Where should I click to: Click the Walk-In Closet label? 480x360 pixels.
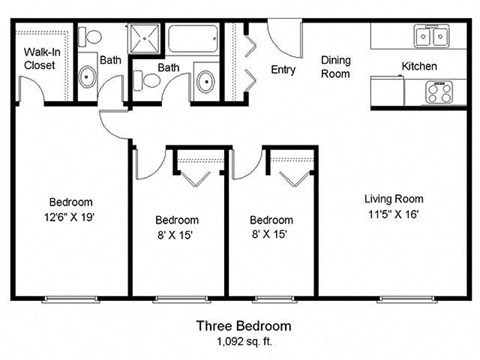(x=40, y=57)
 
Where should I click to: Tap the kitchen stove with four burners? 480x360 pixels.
(x=439, y=92)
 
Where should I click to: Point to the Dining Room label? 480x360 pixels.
(x=335, y=67)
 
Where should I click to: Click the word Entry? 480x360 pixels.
(x=283, y=69)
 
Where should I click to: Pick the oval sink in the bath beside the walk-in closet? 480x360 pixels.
(x=86, y=77)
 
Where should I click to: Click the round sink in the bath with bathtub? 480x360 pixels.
(x=207, y=81)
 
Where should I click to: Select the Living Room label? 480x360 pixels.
(x=394, y=199)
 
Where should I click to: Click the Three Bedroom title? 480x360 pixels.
(x=243, y=326)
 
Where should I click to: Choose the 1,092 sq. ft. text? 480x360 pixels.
(x=243, y=342)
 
